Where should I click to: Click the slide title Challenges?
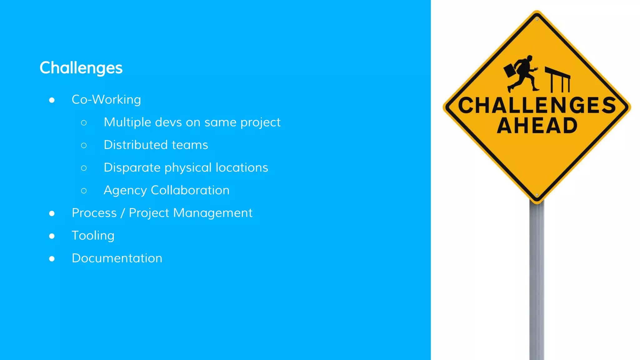81,68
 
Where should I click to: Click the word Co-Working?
106,100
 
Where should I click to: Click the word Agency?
125,191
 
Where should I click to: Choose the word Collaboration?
190,190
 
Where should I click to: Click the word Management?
212,213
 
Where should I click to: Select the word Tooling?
93,236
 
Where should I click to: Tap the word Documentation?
117,258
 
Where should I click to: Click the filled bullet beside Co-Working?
52,100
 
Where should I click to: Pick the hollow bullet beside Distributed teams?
84,145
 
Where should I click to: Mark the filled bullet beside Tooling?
52,236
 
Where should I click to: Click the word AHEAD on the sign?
537,126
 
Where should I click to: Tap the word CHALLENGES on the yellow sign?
537,105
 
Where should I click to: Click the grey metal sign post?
537,281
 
